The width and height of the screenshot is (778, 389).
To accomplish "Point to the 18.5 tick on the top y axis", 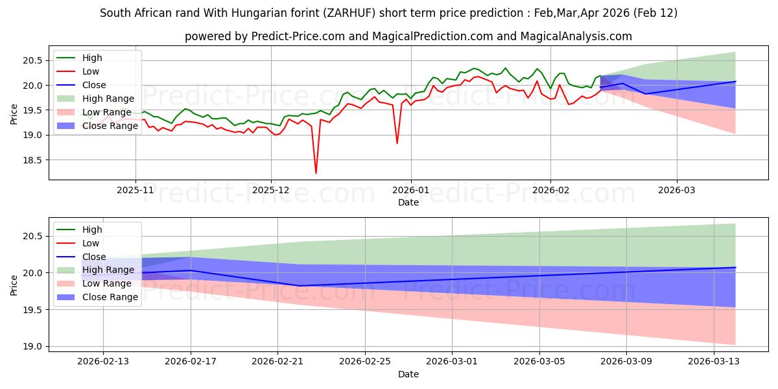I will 32,160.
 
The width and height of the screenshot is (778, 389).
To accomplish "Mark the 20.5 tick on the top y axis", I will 32,60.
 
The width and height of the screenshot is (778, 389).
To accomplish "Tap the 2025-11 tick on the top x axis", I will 136,191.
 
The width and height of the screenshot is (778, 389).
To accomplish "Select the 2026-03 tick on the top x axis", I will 676,191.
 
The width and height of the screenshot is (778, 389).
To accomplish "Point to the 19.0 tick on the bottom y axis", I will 32,347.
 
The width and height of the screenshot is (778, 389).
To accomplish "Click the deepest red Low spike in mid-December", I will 316,173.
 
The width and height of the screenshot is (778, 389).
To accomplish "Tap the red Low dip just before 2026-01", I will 397,143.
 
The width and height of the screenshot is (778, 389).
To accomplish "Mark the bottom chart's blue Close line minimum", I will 299,285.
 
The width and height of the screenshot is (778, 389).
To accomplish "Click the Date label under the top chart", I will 408,202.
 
